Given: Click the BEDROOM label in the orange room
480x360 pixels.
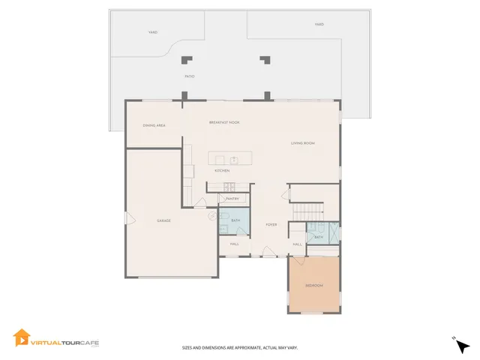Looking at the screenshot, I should (x=314, y=286).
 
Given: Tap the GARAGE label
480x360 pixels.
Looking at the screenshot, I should (x=163, y=220).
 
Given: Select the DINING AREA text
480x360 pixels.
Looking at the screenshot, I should (x=154, y=125).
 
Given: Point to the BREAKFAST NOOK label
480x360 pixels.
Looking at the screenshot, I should (x=224, y=121).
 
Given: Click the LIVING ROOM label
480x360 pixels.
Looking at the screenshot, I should (x=302, y=142).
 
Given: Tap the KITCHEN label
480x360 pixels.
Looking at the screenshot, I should (x=222, y=170).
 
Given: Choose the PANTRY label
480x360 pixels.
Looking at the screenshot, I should (x=232, y=199).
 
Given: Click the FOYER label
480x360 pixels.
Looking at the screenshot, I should (x=271, y=224).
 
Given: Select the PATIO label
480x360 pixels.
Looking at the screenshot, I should (x=190, y=76).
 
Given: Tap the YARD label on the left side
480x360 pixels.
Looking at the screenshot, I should (x=152, y=32).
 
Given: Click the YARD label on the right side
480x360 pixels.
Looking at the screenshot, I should (x=319, y=25).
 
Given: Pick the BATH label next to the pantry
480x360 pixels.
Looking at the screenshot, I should (x=235, y=220).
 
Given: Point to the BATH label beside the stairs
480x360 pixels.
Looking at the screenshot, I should (x=319, y=237).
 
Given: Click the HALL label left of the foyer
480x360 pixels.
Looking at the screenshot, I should (x=234, y=244).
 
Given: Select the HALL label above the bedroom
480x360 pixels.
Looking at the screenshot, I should (x=298, y=244).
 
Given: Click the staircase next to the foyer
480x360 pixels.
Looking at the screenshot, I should (x=307, y=211).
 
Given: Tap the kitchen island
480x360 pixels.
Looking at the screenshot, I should (x=230, y=159).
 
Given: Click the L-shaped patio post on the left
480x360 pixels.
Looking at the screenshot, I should (x=187, y=60).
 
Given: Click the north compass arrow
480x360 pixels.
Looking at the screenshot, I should (x=463, y=346).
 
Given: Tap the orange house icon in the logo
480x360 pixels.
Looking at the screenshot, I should (x=21, y=338).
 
